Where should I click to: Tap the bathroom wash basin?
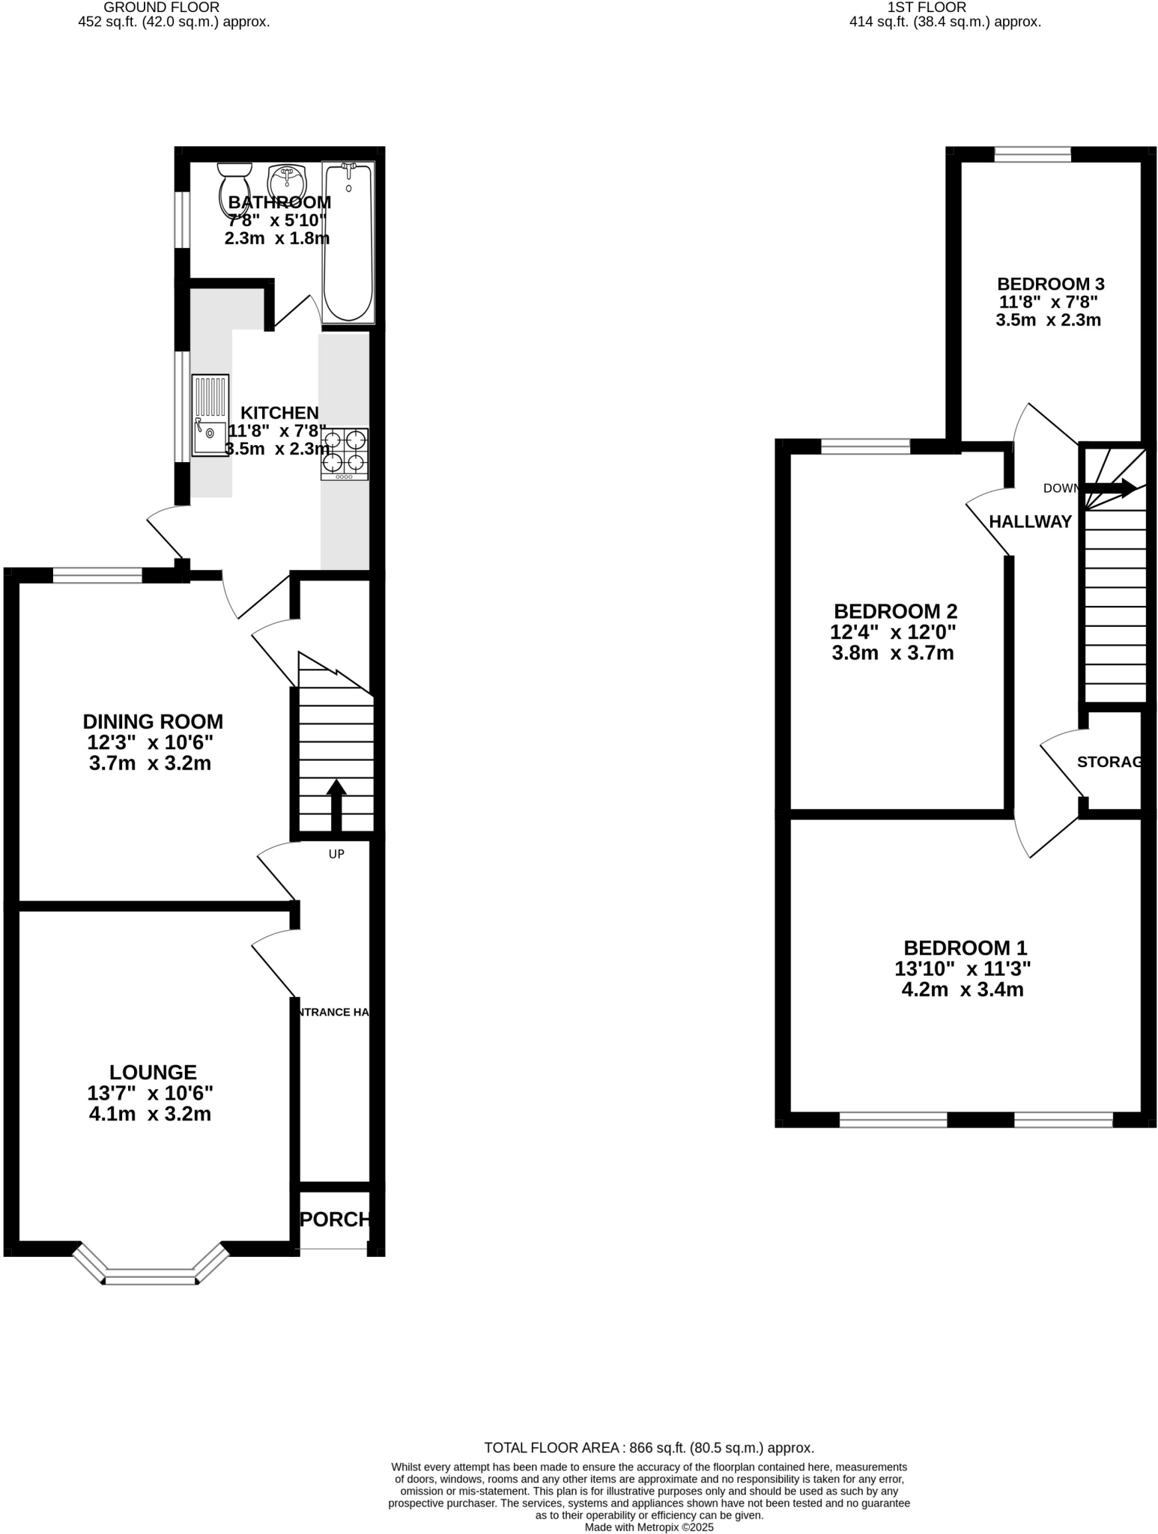[x=285, y=181]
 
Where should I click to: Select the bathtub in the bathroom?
[x=348, y=242]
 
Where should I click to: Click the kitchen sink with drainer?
[x=210, y=416]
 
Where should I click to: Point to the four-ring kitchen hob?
[x=345, y=453]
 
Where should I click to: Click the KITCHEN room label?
[x=279, y=413]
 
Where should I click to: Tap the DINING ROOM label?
[x=153, y=721]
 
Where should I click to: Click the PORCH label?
[x=335, y=1219]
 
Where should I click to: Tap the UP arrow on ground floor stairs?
[x=336, y=804]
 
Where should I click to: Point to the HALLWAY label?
[x=1030, y=522]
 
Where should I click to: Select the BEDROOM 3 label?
[x=1050, y=284]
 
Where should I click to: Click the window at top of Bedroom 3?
[x=1032, y=154]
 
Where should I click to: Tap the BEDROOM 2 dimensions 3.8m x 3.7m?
[x=893, y=653]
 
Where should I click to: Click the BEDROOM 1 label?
[x=965, y=948]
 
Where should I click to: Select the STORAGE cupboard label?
[x=1111, y=762]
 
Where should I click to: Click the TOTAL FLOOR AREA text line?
[x=649, y=1448]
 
